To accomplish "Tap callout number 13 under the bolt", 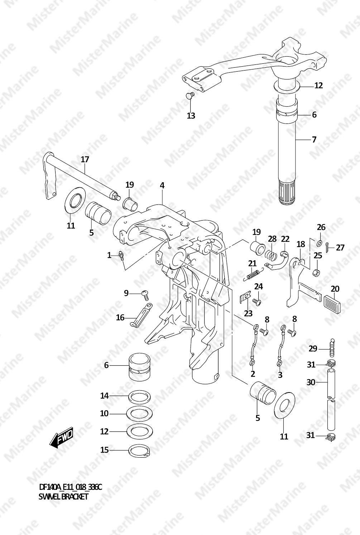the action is pos(191,116).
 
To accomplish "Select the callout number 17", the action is pos(85,159).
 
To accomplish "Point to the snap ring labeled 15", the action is pos(139,450).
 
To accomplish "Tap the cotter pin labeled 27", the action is pos(328,247).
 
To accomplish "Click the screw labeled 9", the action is pos(145,295).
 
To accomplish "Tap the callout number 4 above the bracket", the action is pos(162,185).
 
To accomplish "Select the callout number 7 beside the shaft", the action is pos(314,139).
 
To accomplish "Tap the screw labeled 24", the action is pos(257,302).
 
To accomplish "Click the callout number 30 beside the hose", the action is pos(311,382).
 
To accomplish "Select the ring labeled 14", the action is pos(139,396).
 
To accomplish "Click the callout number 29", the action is pos(313,349).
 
